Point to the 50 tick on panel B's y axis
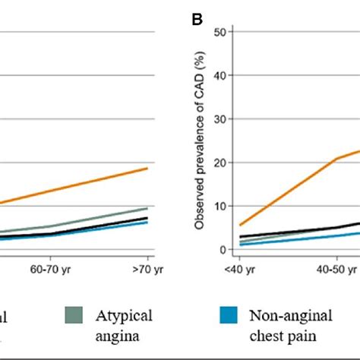tap(221, 32)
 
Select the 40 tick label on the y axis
tap(221, 75)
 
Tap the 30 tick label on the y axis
tap(221, 119)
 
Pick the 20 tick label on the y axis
tap(221, 163)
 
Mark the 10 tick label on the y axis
tap(221, 206)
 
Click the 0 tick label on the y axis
tap(224, 250)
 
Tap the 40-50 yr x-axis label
tap(337, 268)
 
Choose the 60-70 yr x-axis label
tap(49, 268)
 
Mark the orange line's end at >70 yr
tap(147, 168)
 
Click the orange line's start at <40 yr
tap(240, 225)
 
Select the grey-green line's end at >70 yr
tap(147, 207)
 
